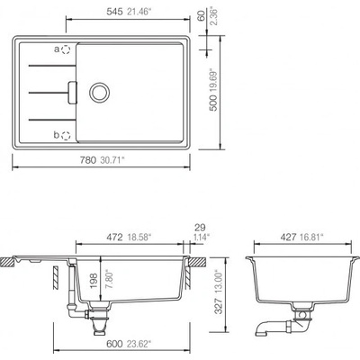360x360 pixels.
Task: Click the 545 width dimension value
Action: (114, 12)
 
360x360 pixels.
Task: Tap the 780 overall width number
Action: (87, 160)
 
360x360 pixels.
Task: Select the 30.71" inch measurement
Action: (112, 160)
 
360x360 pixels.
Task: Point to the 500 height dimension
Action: (213, 103)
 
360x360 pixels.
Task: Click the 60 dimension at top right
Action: (202, 15)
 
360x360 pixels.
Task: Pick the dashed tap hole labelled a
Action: (66, 49)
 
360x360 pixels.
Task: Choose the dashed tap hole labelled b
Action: (66, 136)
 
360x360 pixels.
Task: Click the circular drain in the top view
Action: (99, 93)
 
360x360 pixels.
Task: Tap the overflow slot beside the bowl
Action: (73, 93)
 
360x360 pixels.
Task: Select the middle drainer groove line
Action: (49, 93)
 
